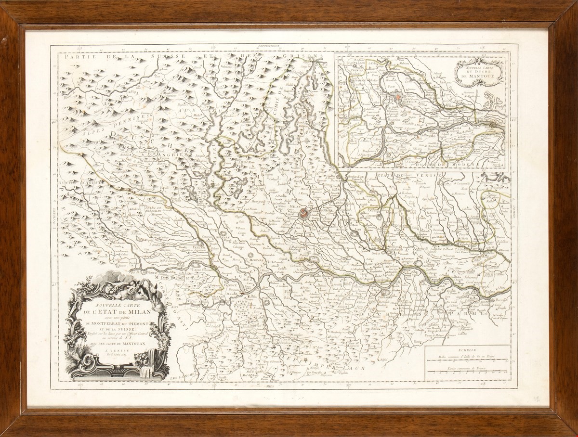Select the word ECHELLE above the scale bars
[x=467, y=351]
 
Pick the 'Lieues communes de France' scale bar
[x=467, y=372]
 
